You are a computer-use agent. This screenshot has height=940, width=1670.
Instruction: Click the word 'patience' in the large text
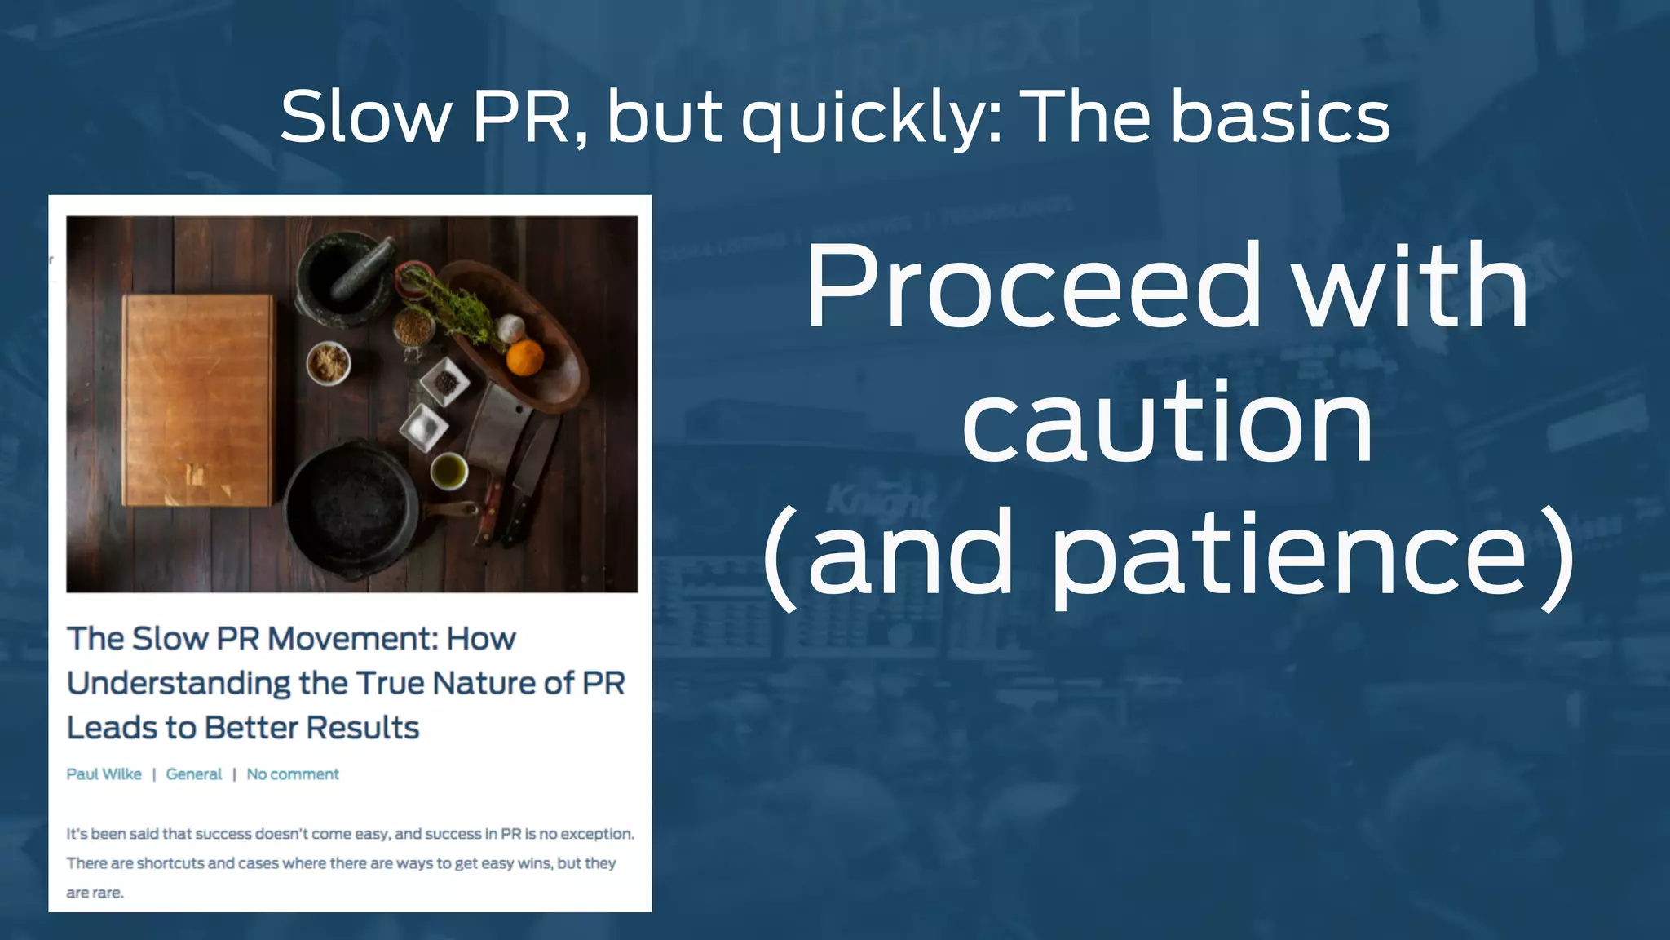click(1288, 555)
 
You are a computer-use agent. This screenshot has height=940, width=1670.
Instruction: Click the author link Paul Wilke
click(104, 774)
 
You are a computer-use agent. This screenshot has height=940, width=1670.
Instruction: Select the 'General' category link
click(193, 774)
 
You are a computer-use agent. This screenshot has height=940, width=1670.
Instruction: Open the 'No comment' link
click(292, 774)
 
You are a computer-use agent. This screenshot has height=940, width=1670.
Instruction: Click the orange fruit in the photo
click(524, 357)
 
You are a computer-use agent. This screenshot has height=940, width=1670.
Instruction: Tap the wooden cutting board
click(198, 400)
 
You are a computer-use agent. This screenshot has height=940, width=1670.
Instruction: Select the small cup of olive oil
click(448, 471)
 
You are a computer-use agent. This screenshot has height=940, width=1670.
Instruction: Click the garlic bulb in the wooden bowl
click(510, 328)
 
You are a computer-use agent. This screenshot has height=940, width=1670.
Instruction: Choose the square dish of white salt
click(424, 427)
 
